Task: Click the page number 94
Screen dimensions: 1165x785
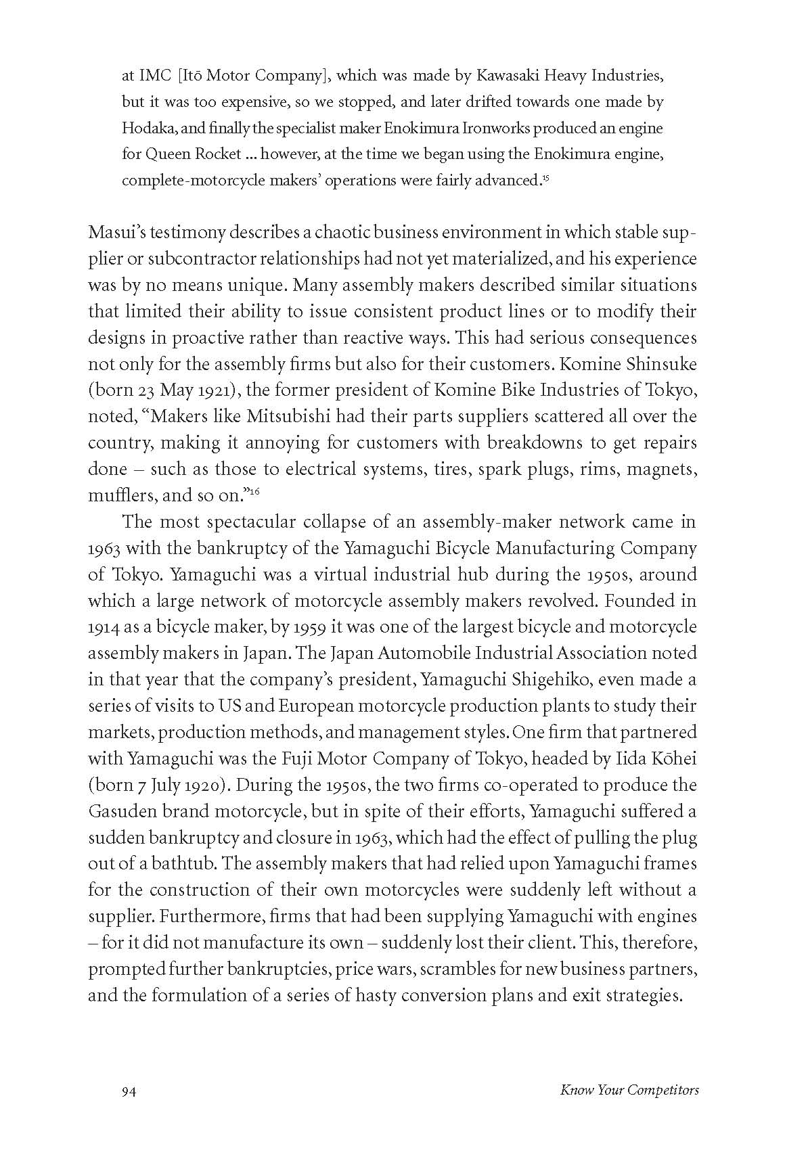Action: pyautogui.click(x=129, y=1090)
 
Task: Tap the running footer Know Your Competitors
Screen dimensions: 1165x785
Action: pyautogui.click(x=629, y=1090)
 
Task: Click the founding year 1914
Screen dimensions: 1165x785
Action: pyautogui.click(x=104, y=627)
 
